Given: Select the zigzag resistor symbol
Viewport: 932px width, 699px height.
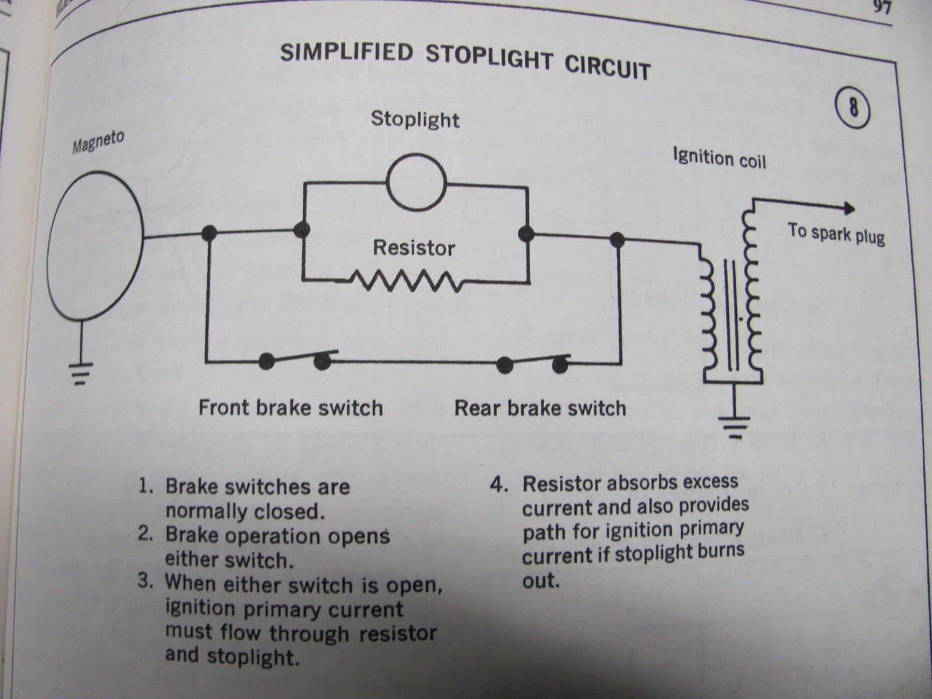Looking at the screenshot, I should click(x=408, y=281).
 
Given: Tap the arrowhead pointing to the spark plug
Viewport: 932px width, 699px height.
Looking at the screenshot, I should click(x=848, y=210).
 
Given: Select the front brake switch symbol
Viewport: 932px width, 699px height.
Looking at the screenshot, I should click(x=294, y=360).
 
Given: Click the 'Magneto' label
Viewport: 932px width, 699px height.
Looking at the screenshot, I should click(x=98, y=143).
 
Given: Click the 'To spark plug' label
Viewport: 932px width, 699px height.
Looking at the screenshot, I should click(x=836, y=234).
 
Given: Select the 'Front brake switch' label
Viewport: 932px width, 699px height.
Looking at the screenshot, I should click(x=291, y=407).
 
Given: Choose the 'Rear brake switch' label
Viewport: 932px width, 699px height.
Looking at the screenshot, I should click(x=540, y=407).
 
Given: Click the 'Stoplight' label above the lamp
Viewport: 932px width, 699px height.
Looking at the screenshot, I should click(x=415, y=119).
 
